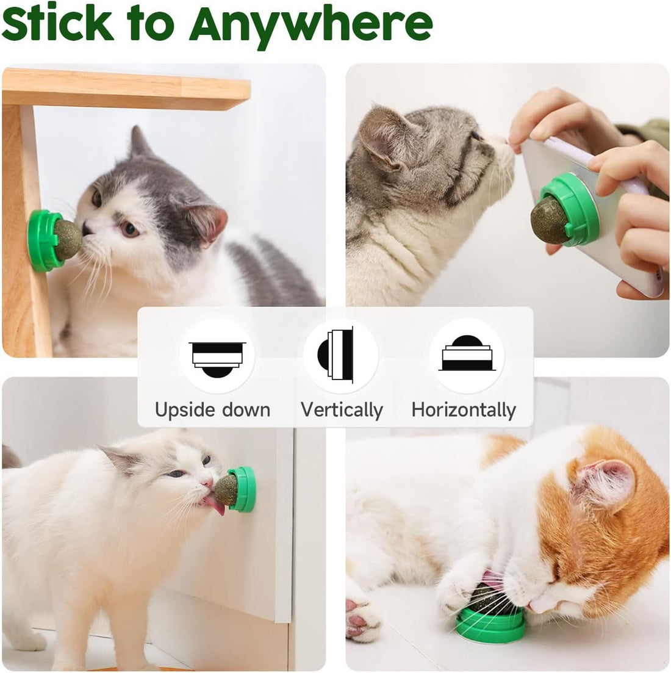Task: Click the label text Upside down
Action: [212, 409]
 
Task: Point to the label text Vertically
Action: [342, 410]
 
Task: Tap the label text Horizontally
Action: [464, 409]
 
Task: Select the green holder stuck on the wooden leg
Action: [43, 240]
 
